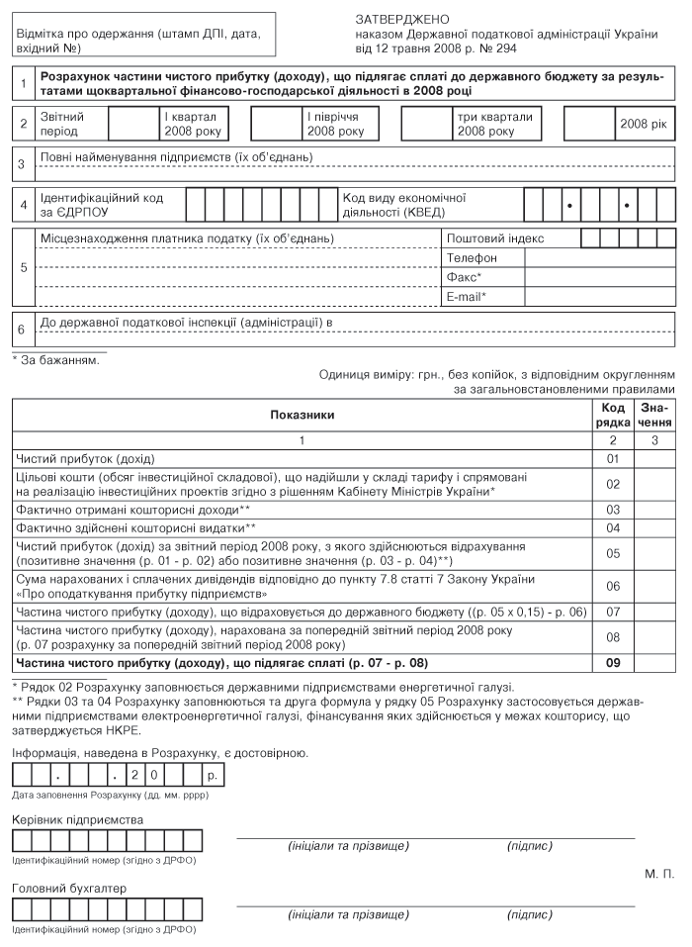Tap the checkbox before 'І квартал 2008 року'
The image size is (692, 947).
pos(131,124)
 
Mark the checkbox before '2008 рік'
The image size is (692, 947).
pos(588,124)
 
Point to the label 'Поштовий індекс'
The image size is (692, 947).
pos(495,238)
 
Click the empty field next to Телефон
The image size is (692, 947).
pos(599,258)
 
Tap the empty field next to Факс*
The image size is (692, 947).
pos(599,277)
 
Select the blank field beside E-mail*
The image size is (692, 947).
pos(599,297)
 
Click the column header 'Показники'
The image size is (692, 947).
pos(303,416)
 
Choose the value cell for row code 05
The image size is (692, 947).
pos(653,553)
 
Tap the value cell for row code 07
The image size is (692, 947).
pos(653,612)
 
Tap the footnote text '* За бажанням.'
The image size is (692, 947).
pos(55,359)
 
